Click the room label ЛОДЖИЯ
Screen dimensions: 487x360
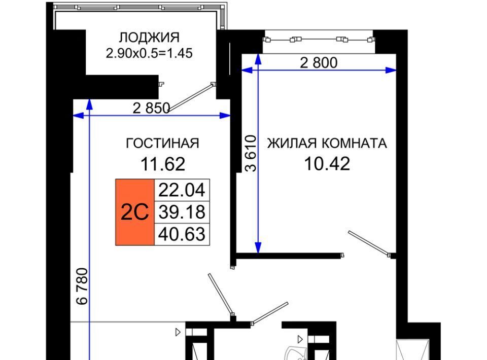tap(149, 38)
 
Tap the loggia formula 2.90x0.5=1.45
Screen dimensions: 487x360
tap(149, 53)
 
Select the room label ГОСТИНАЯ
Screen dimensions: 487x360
tap(162, 143)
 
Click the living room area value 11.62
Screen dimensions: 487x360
tap(163, 164)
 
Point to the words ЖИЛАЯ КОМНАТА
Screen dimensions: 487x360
tap(327, 143)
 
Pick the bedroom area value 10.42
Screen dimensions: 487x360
tap(327, 164)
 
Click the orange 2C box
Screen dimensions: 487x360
tap(135, 212)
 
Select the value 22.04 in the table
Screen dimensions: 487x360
tap(182, 190)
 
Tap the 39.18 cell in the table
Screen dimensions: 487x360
tap(182, 212)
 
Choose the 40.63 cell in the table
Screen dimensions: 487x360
tap(182, 234)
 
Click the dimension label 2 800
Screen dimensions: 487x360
tap(319, 63)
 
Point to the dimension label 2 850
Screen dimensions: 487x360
tap(151, 109)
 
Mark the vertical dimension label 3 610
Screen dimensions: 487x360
tap(251, 153)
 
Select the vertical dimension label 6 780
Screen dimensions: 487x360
tap(82, 286)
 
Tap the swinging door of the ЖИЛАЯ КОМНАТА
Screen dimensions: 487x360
tap(369, 243)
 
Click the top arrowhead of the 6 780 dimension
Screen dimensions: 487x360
tap(89, 104)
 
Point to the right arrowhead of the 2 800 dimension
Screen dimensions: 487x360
tap(391, 70)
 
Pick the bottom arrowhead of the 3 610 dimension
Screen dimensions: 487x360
tap(258, 248)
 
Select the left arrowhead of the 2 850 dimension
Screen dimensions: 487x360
tap(79, 116)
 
